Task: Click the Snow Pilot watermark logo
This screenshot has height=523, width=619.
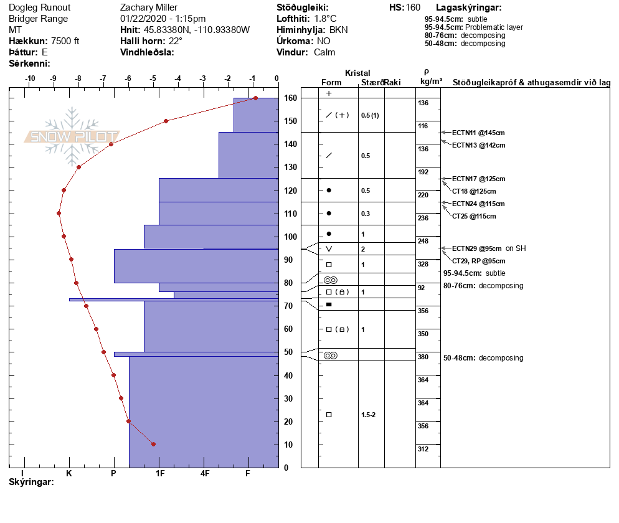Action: [72, 136]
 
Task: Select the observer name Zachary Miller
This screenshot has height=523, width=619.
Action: [147, 7]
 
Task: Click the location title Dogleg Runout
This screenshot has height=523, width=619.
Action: [39, 7]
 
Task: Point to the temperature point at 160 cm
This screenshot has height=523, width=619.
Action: [255, 98]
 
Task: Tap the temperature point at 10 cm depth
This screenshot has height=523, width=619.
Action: [153, 444]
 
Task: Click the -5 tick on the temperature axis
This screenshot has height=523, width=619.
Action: [153, 78]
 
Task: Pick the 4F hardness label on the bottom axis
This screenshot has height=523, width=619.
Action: [205, 473]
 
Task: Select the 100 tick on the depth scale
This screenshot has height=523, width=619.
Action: [290, 237]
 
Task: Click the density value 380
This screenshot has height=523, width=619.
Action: [423, 357]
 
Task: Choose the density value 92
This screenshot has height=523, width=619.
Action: [422, 288]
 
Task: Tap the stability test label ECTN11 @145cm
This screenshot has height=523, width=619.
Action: [478, 133]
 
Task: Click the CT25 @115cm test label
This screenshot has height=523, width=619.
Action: [474, 216]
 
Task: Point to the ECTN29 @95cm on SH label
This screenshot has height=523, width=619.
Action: [488, 248]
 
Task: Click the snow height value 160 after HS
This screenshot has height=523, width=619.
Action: [413, 7]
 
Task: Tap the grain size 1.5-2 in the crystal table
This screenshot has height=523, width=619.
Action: [368, 415]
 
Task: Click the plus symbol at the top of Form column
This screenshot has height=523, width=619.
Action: [329, 93]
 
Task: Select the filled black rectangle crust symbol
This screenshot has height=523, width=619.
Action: [329, 304]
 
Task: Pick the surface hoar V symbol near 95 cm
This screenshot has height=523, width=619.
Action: [329, 249]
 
